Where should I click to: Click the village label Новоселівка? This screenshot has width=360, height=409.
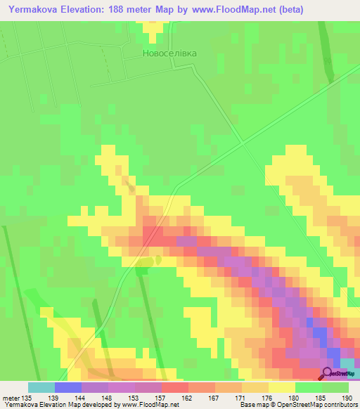click(x=169, y=53)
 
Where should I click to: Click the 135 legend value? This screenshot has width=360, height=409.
click(x=27, y=397)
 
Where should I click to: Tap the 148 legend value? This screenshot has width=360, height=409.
click(x=108, y=397)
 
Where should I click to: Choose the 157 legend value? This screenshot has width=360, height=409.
click(x=161, y=397)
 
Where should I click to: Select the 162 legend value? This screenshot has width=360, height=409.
click(x=188, y=397)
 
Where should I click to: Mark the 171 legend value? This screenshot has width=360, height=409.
click(x=241, y=397)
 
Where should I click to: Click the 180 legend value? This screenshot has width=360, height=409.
click(x=294, y=397)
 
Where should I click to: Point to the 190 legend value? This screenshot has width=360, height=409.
click(x=347, y=397)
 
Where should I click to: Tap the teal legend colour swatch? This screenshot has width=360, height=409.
click(x=41, y=387)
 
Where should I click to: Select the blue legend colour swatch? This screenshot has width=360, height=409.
click(x=67, y=387)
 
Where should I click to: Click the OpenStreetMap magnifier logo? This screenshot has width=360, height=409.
click(x=328, y=374)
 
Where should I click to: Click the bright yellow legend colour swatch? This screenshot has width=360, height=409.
click(x=281, y=387)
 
